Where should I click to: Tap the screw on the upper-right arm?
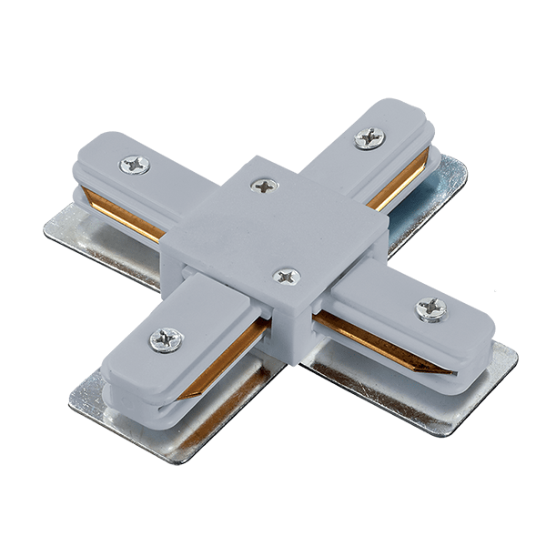pos(369,137)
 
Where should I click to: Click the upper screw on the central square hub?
pos(264,186)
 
